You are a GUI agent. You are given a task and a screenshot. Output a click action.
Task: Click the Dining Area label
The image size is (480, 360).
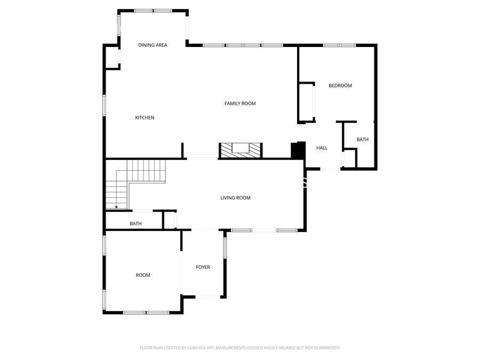coord(153,45)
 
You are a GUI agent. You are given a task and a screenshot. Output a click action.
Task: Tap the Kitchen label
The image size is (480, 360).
coord(145,118)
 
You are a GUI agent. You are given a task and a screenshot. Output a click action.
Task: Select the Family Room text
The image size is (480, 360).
coord(240,103)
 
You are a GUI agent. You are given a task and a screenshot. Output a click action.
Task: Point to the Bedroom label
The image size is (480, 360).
coord(340,86)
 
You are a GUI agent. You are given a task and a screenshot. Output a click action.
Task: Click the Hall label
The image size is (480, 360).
coord(322,148)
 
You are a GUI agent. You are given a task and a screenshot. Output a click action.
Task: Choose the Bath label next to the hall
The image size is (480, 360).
coord(363,140)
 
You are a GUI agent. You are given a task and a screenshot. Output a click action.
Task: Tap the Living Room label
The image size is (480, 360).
coord(235,198)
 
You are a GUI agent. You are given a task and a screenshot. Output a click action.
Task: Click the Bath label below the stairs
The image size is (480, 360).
coord(135,224)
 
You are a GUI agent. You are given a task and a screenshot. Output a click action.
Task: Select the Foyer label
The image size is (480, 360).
coord(203,267)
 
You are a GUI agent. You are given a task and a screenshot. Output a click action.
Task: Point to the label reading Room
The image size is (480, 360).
coord(143,275)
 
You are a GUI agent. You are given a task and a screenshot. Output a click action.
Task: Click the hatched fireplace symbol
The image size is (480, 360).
coord(241,150)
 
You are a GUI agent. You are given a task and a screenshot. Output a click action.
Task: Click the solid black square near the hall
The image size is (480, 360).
coord(298,150)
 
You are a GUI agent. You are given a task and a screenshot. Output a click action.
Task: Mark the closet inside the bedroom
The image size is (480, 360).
coord(307,102)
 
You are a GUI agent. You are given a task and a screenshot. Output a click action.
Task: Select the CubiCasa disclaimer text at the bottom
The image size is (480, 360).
coord(239,348)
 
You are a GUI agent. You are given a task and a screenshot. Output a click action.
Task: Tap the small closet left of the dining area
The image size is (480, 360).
coord(112,58)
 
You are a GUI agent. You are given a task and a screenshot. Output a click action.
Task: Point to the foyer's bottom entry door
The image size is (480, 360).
coord(203,297)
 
